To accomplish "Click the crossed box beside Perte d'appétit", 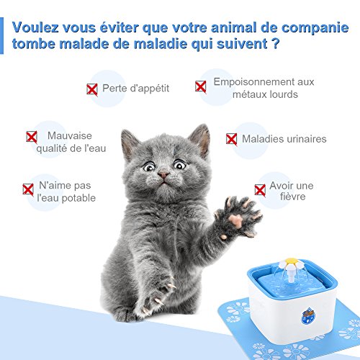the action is click(92, 89).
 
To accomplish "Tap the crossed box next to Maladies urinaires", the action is click(232, 139).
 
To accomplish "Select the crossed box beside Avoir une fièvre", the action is click(260, 191).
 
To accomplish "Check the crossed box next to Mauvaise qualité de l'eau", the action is click(32, 137).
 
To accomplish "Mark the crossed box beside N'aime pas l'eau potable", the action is click(28, 189).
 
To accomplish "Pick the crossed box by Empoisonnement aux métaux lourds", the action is click(201, 86).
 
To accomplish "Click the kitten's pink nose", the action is click(163, 175).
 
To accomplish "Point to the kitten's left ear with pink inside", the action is click(200, 140).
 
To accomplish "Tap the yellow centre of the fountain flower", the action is click(291, 261).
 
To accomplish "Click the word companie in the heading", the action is click(315, 28).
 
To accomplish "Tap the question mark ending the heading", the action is click(276, 44).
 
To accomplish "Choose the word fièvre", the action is click(292, 197).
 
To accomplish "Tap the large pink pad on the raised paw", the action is click(235, 220).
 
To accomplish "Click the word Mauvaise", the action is click(70, 135).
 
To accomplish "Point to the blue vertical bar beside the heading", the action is click(1, 35).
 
